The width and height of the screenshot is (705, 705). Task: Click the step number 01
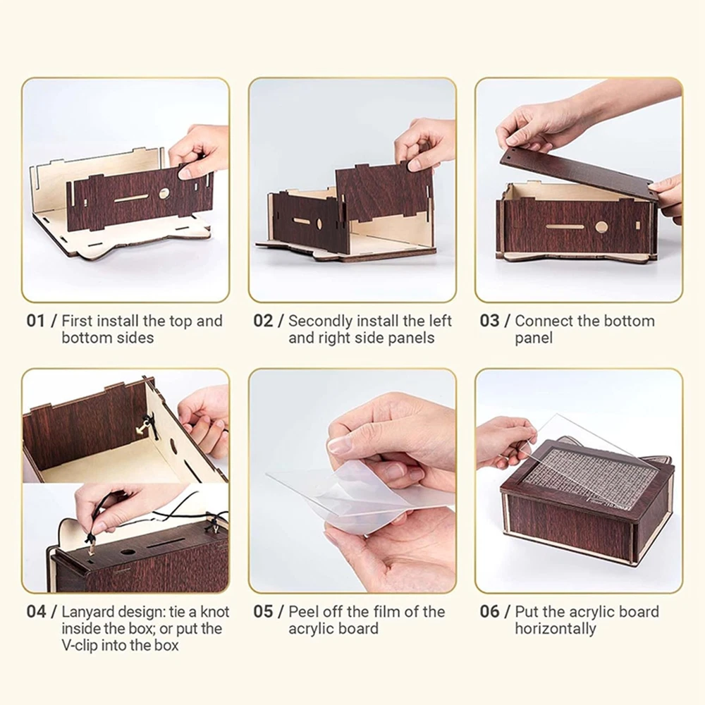35,321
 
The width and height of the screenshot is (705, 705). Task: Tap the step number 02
263,321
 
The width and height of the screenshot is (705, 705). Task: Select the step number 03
490,321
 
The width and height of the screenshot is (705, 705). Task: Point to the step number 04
36,612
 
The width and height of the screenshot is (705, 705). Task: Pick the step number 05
263,612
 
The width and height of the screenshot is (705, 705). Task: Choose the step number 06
490,612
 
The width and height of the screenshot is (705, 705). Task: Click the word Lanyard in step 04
87,613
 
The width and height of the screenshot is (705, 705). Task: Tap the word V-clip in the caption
80,646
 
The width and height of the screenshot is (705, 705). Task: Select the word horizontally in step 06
556,629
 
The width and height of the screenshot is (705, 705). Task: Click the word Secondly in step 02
320,321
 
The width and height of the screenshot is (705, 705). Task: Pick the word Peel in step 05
303,612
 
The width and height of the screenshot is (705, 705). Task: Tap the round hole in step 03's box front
601,227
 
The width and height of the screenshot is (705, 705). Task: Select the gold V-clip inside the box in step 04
143,425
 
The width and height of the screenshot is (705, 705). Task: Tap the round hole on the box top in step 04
128,552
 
